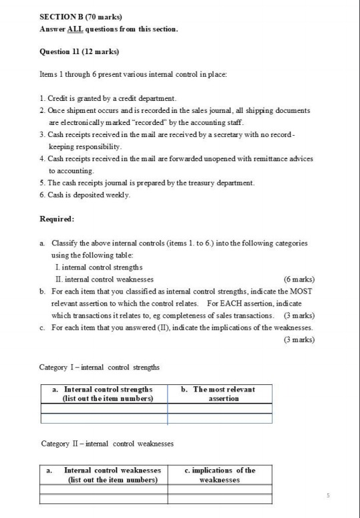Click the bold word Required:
click(59, 219)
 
